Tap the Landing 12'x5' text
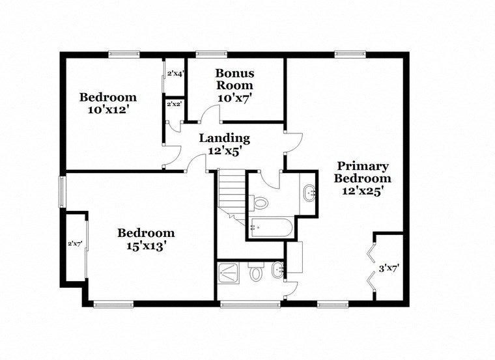224,144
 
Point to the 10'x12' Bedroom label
107,104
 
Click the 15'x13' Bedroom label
145,239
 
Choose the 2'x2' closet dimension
174,104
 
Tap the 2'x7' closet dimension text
74,244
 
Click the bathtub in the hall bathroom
271,228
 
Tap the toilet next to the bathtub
261,202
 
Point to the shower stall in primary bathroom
231,271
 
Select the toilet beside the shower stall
256,273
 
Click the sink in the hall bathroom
309,191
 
